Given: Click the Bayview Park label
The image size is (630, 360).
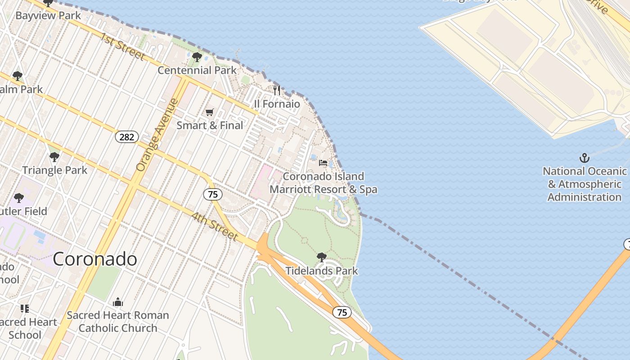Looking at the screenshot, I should click(48, 16).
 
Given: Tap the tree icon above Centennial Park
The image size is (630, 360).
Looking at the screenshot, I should click(197, 57).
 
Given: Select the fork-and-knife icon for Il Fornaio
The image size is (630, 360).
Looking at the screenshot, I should click(277, 90).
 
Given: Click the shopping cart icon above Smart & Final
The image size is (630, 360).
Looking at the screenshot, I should click(210, 112).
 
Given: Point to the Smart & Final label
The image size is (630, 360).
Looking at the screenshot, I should click(210, 125).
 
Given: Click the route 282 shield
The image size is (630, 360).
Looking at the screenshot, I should click(127, 137).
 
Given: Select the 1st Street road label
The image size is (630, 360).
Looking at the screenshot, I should click(122, 46).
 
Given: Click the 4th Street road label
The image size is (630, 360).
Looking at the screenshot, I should click(215, 226).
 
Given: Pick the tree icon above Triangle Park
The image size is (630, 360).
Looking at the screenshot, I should click(54, 157).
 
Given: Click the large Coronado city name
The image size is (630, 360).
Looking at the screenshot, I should click(95, 259).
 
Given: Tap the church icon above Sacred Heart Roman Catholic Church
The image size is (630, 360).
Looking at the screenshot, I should click(118, 302).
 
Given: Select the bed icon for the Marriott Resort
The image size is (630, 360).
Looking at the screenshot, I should click(323, 163).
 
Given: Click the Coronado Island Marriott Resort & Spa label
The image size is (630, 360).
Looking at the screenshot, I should click(323, 183).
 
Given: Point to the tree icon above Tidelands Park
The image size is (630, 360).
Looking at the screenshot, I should click(322, 257).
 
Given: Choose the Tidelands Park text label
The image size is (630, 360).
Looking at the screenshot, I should click(322, 270).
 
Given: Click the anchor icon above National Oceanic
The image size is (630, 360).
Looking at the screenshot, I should click(584, 158).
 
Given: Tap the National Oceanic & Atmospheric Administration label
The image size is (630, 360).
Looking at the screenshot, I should click(585, 184).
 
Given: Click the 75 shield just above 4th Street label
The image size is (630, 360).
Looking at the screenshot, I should click(212, 194).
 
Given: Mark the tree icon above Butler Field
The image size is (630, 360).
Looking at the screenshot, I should click(19, 198).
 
